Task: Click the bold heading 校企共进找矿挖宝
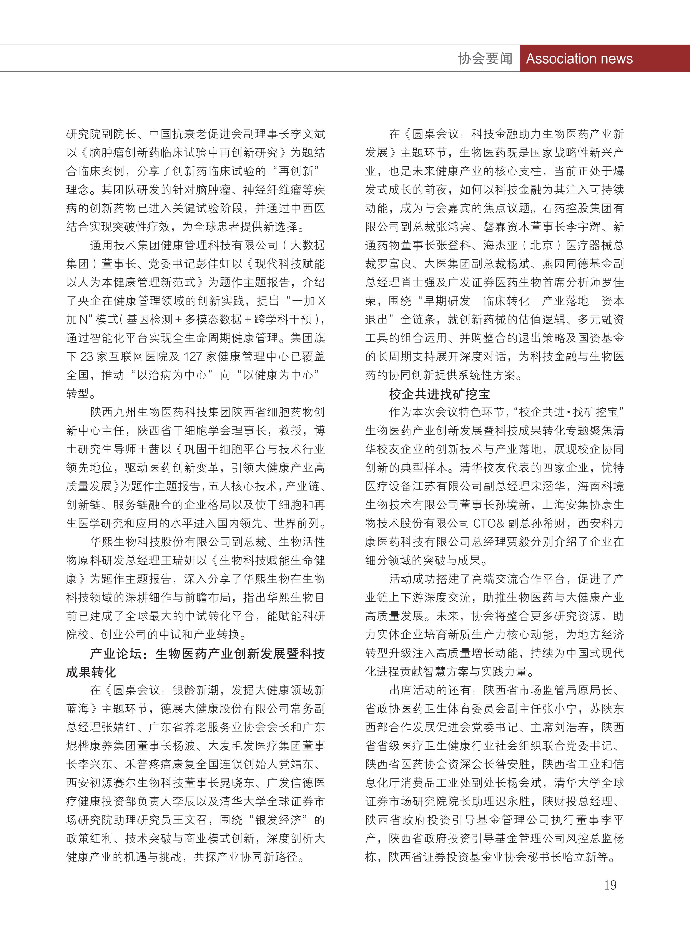[x=439, y=394]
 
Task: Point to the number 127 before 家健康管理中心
[x=193, y=356]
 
